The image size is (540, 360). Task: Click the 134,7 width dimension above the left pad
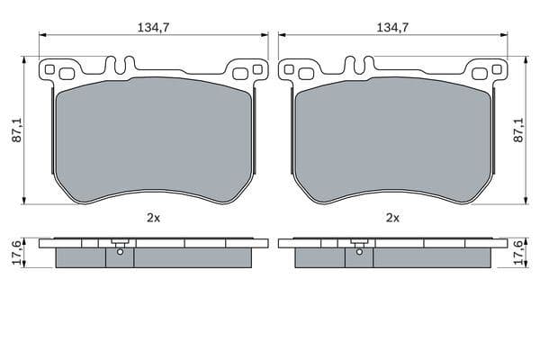(x=153, y=28)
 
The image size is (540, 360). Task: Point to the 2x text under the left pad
(x=153, y=218)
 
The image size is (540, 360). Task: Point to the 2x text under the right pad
(x=392, y=218)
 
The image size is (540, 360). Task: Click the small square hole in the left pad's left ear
(x=50, y=69)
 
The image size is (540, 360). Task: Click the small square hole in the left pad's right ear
(x=257, y=69)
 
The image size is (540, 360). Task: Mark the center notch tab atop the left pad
(x=119, y=66)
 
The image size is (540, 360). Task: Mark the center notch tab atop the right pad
(x=358, y=66)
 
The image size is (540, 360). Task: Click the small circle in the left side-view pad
(x=119, y=252)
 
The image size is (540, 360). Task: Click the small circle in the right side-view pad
(x=358, y=252)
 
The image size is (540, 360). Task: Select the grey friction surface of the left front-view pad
(x=153, y=135)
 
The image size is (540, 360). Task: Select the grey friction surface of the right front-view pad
(x=392, y=135)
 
